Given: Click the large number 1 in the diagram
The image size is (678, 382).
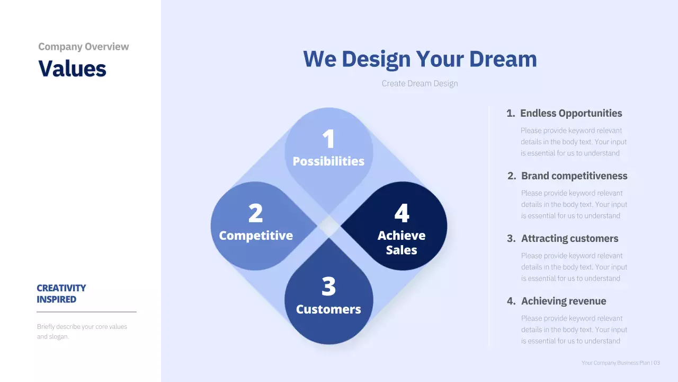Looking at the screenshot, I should (328, 139).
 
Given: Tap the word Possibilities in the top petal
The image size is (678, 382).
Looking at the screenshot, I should (328, 161).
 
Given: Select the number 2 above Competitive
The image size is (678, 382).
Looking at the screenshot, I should (255, 213).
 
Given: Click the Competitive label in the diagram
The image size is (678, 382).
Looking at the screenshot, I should (256, 236).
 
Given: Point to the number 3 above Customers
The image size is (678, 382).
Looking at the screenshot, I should (328, 287).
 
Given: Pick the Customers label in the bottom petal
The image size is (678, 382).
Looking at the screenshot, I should (328, 309).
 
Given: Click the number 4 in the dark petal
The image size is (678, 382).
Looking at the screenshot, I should (402, 213).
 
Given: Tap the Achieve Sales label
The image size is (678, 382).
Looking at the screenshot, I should (402, 242).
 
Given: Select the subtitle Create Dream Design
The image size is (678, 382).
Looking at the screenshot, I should (420, 83).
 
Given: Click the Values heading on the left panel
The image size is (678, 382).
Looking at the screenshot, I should (73, 68).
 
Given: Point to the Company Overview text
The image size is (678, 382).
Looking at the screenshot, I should (84, 47).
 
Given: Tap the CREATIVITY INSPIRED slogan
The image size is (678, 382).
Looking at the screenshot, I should (61, 293).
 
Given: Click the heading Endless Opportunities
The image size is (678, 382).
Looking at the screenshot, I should (570, 113).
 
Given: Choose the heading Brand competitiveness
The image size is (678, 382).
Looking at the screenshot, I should (574, 176).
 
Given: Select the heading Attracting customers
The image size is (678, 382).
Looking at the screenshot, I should (569, 238).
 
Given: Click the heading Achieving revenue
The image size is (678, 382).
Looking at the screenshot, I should (563, 301).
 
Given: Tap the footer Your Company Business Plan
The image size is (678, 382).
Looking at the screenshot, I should (615, 363).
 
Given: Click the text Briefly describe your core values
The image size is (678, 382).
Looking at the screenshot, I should (82, 327).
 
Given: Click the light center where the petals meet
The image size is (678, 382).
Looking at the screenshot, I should (329, 227).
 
